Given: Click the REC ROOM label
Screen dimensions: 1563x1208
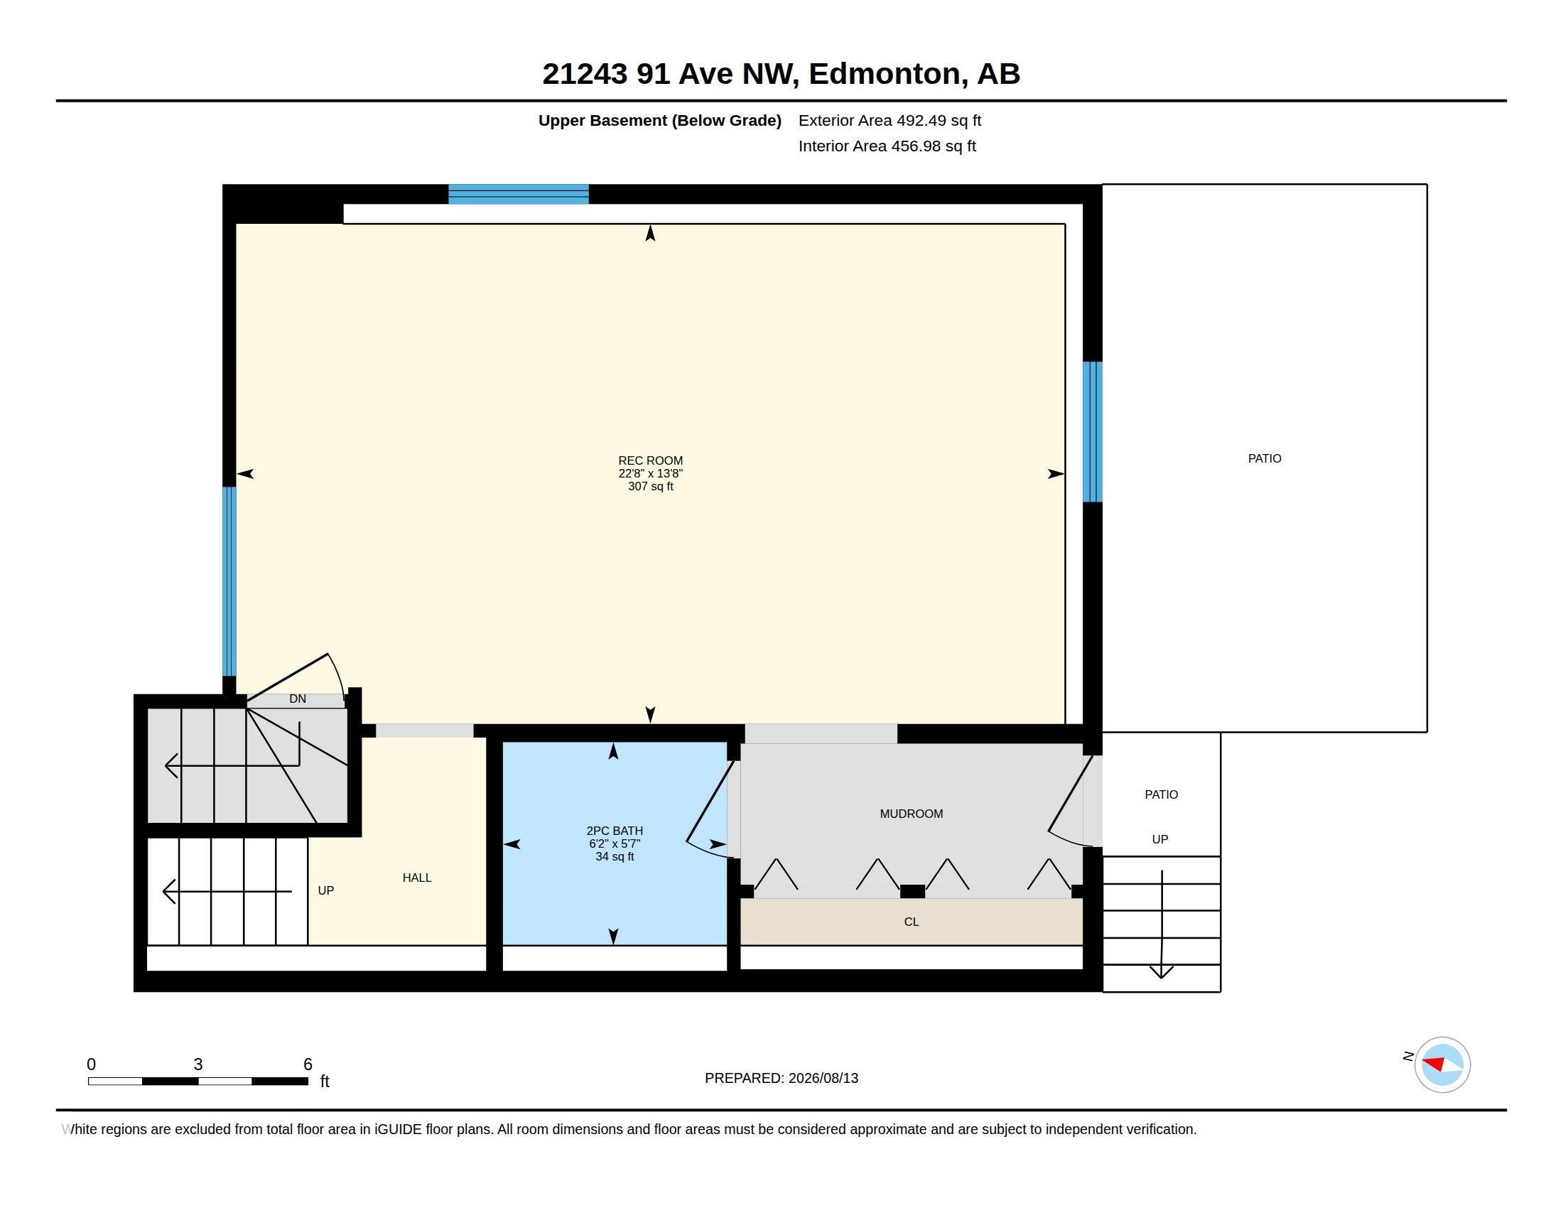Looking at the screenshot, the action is click(650, 460).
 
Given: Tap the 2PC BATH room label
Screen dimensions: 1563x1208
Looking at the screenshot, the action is click(614, 831).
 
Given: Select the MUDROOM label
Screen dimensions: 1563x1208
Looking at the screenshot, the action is click(911, 814).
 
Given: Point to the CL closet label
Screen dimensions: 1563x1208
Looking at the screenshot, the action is click(911, 922).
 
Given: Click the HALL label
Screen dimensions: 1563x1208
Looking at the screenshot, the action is click(416, 878).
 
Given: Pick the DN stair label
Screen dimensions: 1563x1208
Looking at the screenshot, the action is click(298, 699).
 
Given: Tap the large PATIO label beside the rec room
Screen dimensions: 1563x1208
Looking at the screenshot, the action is click(1265, 458).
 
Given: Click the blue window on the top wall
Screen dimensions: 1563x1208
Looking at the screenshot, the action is click(518, 194).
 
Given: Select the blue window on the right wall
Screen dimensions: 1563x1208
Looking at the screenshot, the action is click(1092, 431).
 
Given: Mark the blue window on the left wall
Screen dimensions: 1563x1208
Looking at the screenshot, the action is click(229, 581).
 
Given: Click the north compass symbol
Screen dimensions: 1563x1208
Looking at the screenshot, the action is click(1442, 1064).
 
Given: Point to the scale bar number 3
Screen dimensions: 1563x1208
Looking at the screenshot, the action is click(198, 1064).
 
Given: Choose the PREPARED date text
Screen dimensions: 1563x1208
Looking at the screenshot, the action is click(781, 1078).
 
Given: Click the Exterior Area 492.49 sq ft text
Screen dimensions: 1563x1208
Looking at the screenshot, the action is click(889, 120).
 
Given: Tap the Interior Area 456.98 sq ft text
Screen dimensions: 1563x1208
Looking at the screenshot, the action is click(887, 146).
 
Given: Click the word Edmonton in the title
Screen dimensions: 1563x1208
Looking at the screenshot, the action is click(885, 74).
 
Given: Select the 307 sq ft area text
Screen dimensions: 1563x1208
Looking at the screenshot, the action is click(650, 486).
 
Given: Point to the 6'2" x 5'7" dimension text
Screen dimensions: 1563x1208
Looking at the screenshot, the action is click(614, 843).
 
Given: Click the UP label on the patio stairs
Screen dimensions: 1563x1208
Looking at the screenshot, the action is click(1160, 838).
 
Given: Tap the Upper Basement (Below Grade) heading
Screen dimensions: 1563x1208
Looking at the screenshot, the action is click(659, 120).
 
